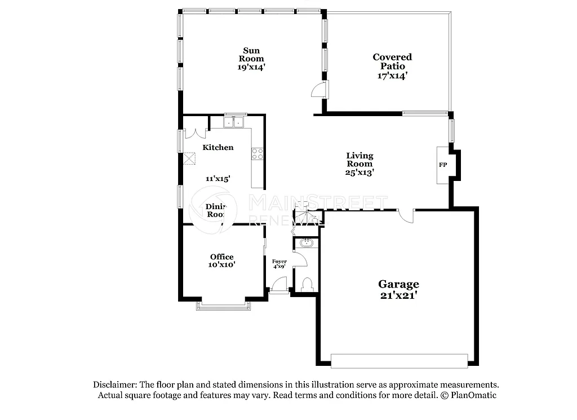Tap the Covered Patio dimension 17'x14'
(392, 75)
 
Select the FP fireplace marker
(443, 165)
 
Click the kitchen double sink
(235, 121)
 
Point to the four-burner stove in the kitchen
(257, 153)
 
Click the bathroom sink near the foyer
(307, 242)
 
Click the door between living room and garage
(406, 216)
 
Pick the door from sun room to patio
(319, 90)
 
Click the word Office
(222, 257)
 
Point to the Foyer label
(279, 261)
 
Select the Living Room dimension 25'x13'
(360, 173)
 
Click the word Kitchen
(218, 147)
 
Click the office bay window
(223, 306)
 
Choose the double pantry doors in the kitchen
(195, 134)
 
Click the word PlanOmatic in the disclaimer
(474, 395)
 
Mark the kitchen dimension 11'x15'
(218, 178)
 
